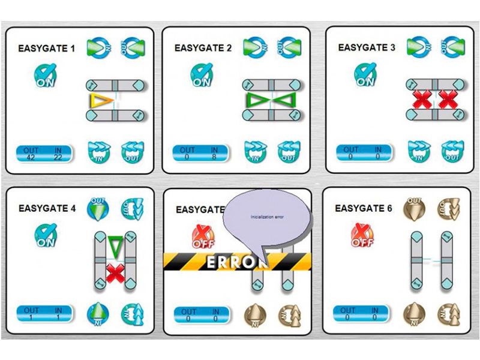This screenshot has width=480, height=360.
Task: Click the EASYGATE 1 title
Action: click(x=47, y=48)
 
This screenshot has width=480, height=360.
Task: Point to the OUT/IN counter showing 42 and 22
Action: click(x=44, y=154)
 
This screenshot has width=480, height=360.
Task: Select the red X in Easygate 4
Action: click(x=115, y=272)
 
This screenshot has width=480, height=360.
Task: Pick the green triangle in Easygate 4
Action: click(x=115, y=246)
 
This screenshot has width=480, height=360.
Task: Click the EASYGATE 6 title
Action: click(x=364, y=208)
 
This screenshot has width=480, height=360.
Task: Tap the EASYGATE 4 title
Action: click(x=47, y=209)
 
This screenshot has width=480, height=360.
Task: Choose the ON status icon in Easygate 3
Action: click(x=364, y=76)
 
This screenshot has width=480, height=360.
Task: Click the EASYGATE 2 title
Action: click(x=203, y=48)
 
